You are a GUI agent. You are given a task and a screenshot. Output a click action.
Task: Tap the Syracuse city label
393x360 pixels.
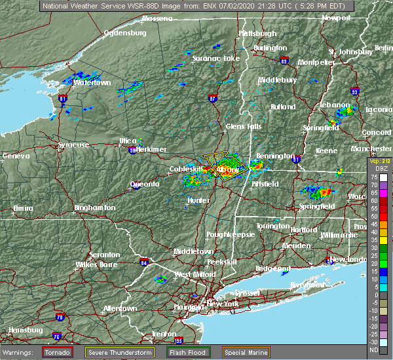pos(73,145)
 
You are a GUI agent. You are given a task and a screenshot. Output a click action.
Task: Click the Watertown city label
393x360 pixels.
pos(92,83)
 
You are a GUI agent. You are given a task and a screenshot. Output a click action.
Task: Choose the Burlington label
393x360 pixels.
pos(270,48)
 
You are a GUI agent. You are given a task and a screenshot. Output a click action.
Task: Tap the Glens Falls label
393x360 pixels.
pos(243,126)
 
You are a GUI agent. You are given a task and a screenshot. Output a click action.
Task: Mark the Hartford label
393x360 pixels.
pos(303,230)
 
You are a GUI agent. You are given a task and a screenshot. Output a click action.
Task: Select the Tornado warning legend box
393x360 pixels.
pos(58,352)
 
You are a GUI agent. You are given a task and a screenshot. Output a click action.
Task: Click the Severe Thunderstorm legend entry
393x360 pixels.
pos(121,352)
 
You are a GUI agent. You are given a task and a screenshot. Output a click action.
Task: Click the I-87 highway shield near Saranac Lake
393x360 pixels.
pos(212,98)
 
